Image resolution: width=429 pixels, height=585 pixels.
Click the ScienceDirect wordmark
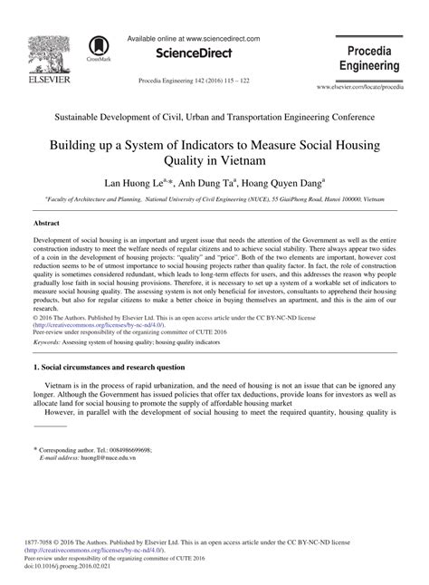tap(201, 54)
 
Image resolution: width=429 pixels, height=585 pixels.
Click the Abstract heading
tap(47, 221)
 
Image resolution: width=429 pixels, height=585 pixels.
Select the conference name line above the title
tap(214, 118)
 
